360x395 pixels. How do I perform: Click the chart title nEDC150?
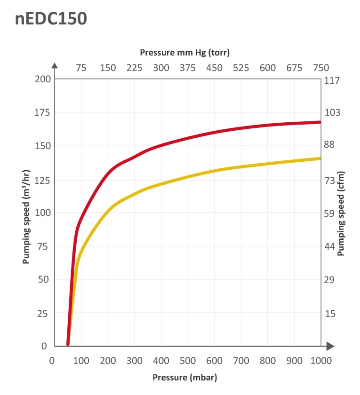pos(51,19)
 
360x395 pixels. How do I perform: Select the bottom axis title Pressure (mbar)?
pos(185,377)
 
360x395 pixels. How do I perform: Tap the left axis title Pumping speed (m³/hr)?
pos(26,210)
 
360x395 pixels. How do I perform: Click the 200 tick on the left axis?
pos(41,79)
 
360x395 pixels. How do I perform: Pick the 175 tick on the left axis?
pos(41,112)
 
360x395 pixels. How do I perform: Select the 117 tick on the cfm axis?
pos(333,80)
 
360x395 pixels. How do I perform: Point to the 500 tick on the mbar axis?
pos(189,361)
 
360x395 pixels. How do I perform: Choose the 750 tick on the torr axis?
pos(321,68)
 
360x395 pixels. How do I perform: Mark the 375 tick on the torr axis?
pos(188,68)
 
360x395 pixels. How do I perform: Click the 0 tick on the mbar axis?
pos(52,361)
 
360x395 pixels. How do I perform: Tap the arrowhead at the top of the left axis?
pos(55,66)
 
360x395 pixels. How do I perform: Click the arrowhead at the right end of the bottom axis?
pos(330,346)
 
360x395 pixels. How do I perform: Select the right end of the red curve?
pos(320,122)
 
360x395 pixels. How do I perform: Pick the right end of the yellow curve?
pos(320,158)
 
